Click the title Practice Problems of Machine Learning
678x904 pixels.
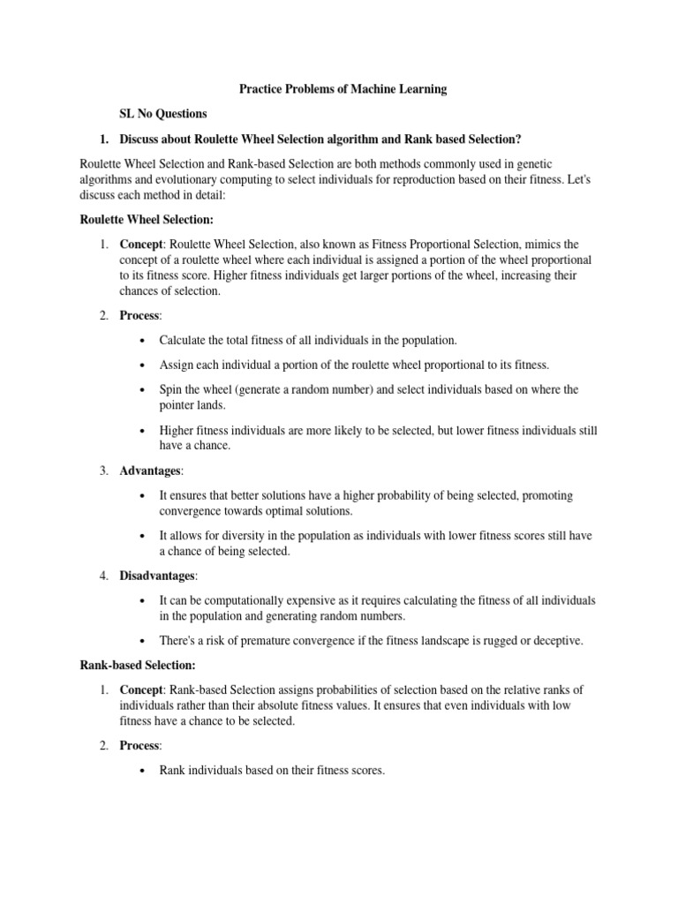[x=343, y=89]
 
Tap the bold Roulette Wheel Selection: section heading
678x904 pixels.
[x=147, y=219]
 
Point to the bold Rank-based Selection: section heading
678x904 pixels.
[x=137, y=664]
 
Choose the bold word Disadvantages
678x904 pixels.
[x=157, y=576]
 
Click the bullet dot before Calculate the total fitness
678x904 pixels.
[x=143, y=340]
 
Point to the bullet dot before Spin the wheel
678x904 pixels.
[x=143, y=389]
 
